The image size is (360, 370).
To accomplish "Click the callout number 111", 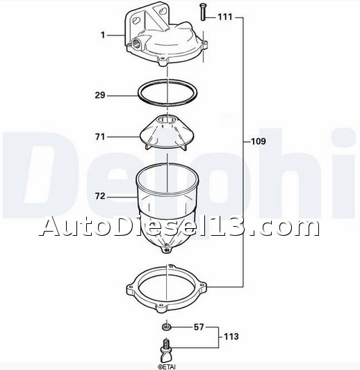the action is [225, 17].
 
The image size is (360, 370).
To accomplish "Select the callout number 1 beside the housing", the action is [103, 35].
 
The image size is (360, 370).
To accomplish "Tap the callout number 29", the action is [100, 95].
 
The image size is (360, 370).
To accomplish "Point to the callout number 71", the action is [100, 136].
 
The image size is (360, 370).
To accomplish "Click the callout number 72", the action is [100, 196].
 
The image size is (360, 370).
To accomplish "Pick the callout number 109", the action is [259, 141].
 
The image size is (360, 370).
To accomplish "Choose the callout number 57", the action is [199, 327].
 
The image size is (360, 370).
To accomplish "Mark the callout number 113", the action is [231, 337].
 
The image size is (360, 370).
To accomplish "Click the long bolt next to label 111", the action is [203, 13].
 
